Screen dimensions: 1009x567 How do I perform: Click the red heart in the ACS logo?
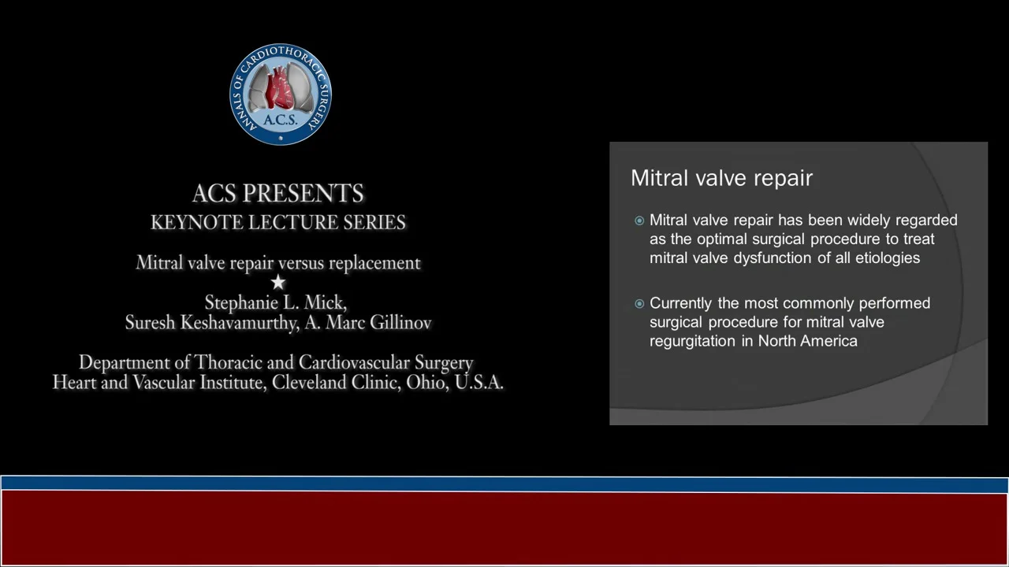[280, 90]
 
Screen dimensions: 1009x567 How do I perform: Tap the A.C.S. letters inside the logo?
[280, 120]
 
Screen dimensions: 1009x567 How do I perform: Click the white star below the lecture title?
[278, 282]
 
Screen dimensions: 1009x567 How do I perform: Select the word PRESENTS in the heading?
[303, 194]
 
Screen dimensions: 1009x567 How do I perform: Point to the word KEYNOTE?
[196, 223]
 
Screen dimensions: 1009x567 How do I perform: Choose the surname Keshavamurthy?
[240, 323]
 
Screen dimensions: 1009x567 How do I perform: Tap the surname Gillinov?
[399, 323]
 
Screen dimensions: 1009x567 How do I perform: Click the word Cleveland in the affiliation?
[309, 383]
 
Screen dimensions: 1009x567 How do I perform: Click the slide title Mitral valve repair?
[721, 178]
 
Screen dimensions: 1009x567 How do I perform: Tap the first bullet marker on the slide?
[639, 220]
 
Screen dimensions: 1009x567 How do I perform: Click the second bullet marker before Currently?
[639, 304]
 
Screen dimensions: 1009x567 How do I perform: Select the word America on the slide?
[831, 341]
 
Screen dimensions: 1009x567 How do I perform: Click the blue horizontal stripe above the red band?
[504, 484]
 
